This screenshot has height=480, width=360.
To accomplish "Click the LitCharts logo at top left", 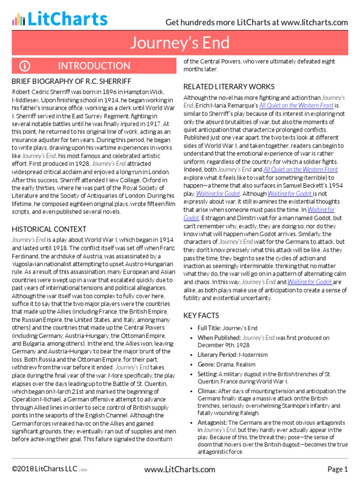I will click(60, 19).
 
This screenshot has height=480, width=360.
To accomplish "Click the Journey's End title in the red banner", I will click(180, 43).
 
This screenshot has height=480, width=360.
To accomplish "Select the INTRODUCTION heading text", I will click(94, 66).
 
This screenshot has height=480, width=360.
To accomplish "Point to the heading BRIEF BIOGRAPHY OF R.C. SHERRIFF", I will click(71, 81).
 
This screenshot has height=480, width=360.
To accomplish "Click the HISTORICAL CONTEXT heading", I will click(49, 229).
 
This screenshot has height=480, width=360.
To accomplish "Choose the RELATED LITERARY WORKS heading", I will click(229, 87).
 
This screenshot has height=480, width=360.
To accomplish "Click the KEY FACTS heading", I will click(201, 315).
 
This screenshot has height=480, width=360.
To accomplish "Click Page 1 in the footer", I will click(337, 469).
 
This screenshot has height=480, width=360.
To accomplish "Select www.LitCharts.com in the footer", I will click(180, 469).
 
